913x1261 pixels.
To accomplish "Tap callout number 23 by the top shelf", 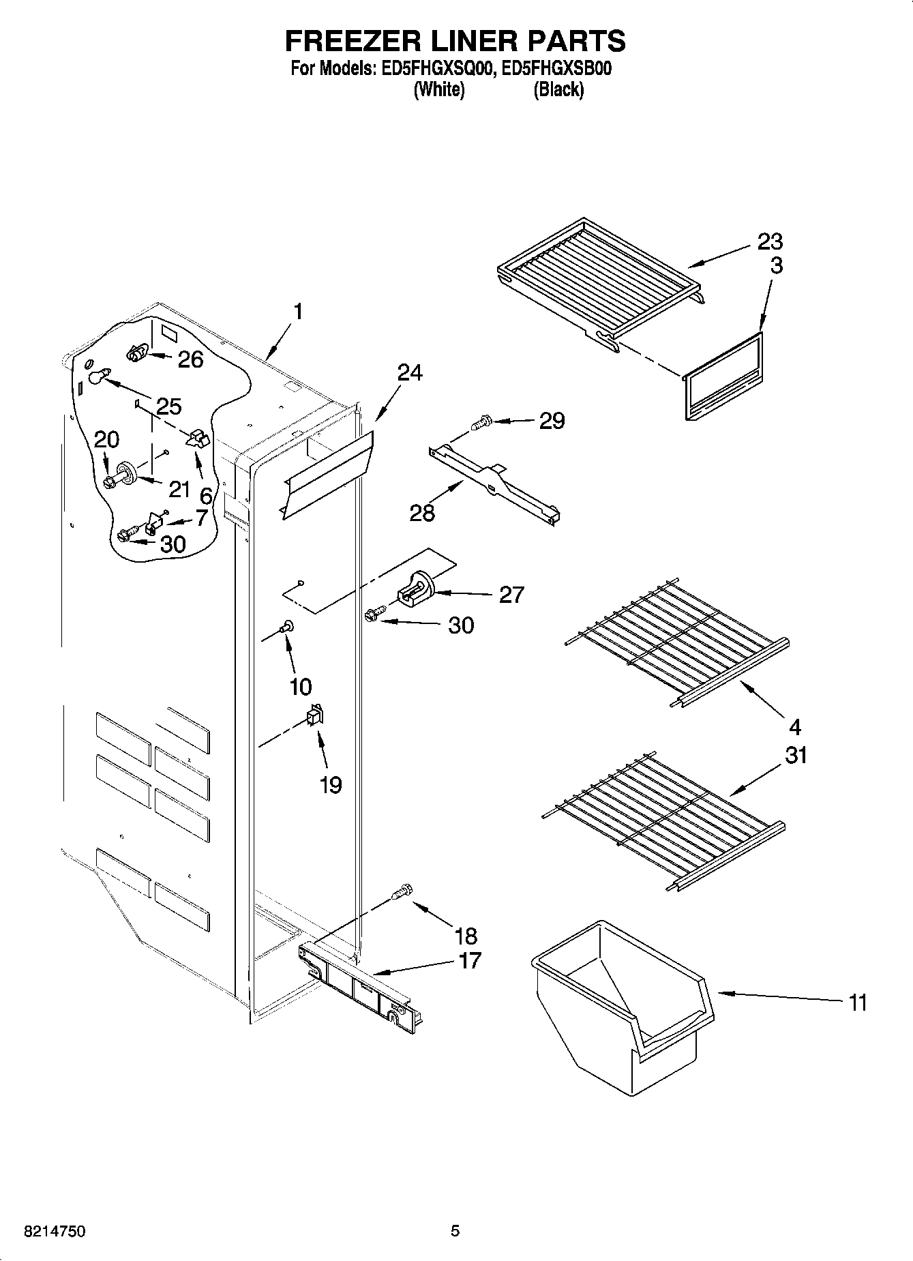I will point(769,241).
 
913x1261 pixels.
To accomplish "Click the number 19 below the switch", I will point(330,785).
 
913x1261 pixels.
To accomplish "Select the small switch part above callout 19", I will point(314,715).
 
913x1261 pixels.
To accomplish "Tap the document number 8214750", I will point(55,1231).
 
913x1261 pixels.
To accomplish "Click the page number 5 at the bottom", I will point(455,1231).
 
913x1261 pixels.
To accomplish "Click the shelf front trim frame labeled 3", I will point(723,376).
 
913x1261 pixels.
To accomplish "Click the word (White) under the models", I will point(440,89).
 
